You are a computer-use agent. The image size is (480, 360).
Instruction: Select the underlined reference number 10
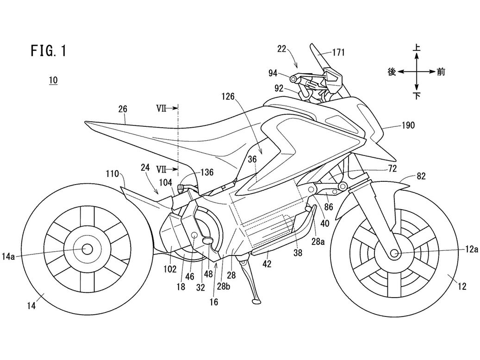pyautogui.click(x=54, y=81)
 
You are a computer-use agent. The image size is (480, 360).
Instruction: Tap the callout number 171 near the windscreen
pyautogui.click(x=338, y=53)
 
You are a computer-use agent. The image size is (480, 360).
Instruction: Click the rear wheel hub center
pyautogui.click(x=86, y=248)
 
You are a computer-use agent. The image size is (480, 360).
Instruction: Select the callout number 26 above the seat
pyautogui.click(x=123, y=109)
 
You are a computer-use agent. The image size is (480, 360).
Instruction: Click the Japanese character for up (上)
pyautogui.click(x=417, y=48)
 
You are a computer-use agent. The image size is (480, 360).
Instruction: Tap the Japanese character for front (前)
pyautogui.click(x=441, y=72)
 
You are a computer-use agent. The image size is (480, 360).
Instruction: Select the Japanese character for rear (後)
pyautogui.click(x=392, y=72)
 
